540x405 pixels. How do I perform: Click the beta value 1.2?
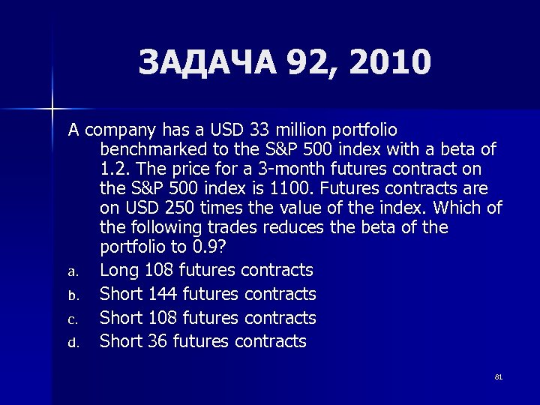coord(114,168)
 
